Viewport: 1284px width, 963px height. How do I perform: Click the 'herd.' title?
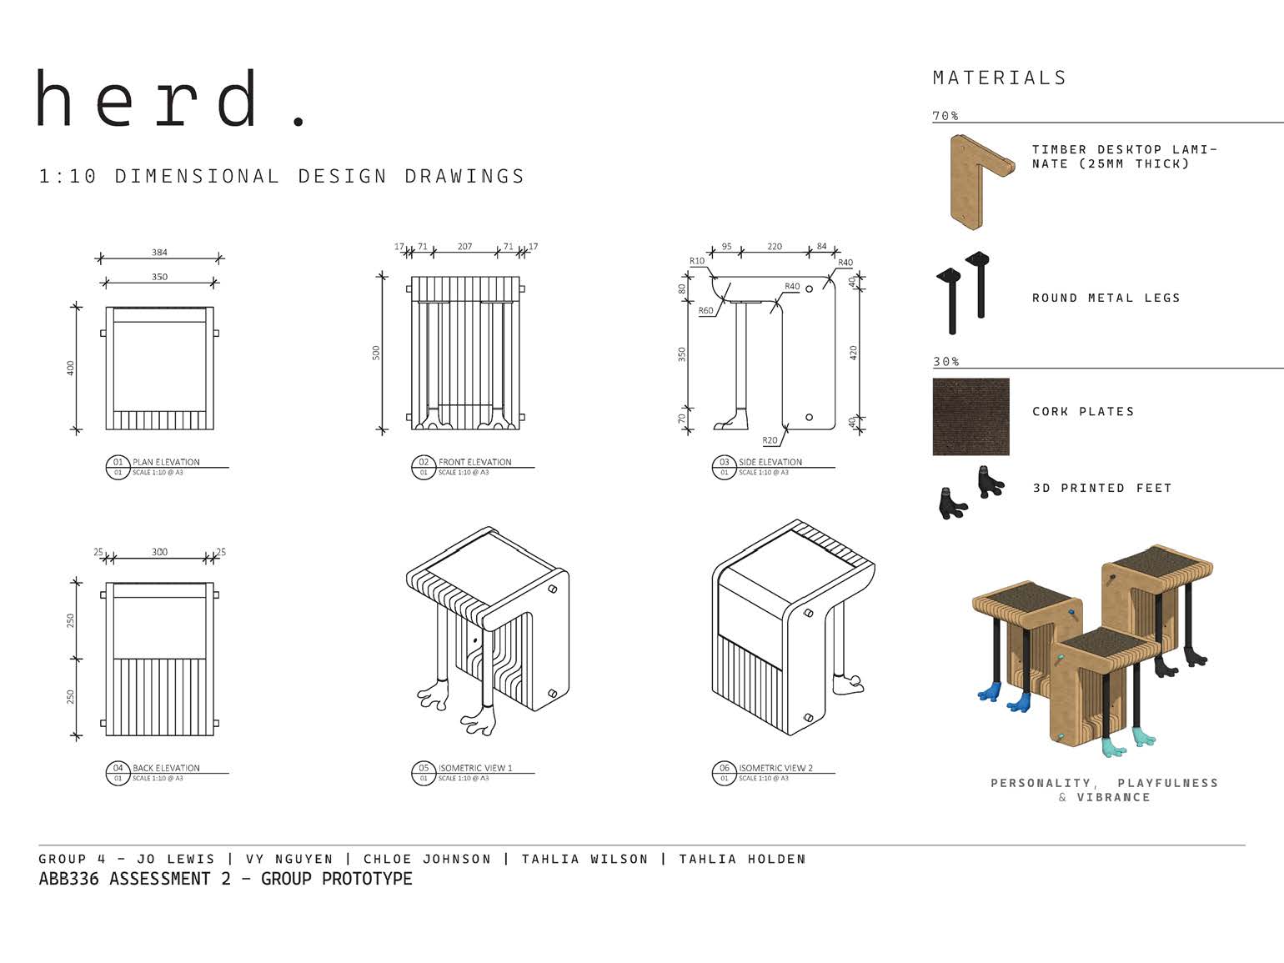171,99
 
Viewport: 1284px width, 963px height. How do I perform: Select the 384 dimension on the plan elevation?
159,252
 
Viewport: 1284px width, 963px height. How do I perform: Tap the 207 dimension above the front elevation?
464,246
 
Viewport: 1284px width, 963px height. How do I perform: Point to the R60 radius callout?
705,310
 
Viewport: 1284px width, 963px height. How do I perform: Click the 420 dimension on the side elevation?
853,352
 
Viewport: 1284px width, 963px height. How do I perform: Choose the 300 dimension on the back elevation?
159,552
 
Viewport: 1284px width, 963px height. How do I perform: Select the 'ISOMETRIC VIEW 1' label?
475,768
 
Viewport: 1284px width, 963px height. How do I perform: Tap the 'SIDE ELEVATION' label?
770,462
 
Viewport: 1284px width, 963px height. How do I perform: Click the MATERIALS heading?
1000,78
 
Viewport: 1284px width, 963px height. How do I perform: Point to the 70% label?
945,116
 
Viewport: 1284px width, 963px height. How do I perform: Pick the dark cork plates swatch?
971,417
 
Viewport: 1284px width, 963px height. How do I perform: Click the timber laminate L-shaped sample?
976,180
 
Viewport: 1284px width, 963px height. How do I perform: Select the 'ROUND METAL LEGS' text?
1106,298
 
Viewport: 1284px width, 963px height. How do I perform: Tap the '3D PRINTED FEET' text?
1101,488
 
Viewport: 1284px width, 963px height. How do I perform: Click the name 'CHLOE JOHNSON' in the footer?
427,859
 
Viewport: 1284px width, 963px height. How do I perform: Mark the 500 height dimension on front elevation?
376,352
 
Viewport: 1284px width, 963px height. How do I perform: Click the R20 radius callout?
769,440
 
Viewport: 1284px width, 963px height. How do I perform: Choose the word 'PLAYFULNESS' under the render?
1167,783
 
